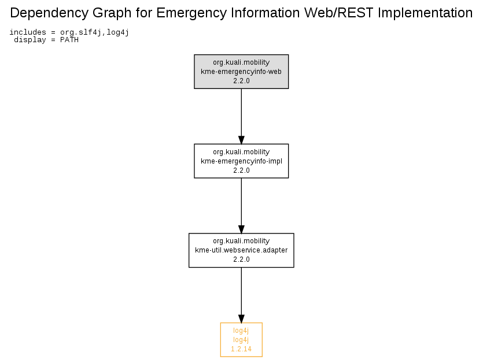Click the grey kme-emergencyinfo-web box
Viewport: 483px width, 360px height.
pyautogui.click(x=241, y=72)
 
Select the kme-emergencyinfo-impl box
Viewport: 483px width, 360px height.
pyautogui.click(x=241, y=161)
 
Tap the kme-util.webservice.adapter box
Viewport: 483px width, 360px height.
pyautogui.click(x=241, y=250)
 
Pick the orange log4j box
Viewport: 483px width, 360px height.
pyautogui.click(x=241, y=340)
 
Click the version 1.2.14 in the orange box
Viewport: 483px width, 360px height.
pyautogui.click(x=241, y=349)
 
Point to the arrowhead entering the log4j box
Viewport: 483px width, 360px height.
pyautogui.click(x=241, y=319)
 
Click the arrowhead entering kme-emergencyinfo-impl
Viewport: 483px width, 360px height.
pyautogui.click(x=241, y=140)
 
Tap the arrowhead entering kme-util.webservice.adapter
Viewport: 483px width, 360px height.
pyautogui.click(x=241, y=229)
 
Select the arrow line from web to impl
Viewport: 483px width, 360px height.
pyautogui.click(x=241, y=116)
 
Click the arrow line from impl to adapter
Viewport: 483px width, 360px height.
pyautogui.click(x=241, y=206)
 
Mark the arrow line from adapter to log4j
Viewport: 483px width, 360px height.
pyautogui.click(x=241, y=295)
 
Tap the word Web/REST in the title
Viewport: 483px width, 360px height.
pyautogui.click(x=339, y=13)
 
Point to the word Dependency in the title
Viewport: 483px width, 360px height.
pyautogui.click(x=49, y=13)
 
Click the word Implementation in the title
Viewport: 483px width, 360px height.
pyautogui.click(x=425, y=13)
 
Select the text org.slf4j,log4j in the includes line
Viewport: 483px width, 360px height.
pyautogui.click(x=94, y=32)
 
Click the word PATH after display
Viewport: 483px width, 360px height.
pyautogui.click(x=69, y=40)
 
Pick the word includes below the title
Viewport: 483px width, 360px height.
pyautogui.click(x=28, y=32)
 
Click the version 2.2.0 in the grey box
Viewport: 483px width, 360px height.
pyautogui.click(x=241, y=81)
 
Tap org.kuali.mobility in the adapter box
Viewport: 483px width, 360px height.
pyautogui.click(x=241, y=241)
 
